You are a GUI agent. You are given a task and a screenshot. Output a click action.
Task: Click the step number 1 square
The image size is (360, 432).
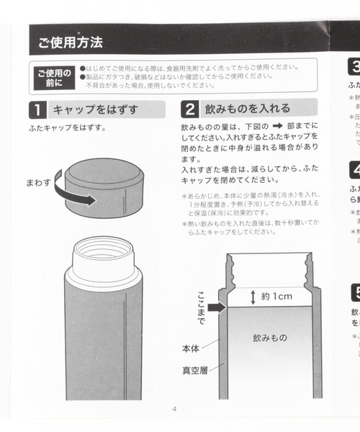click(35, 110)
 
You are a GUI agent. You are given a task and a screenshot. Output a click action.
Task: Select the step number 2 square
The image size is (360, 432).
click(189, 110)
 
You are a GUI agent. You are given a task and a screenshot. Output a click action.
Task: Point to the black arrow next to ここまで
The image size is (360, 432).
click(217, 307)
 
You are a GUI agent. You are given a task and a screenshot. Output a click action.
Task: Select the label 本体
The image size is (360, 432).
click(191, 348)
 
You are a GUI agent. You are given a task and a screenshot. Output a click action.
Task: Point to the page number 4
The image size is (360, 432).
click(174, 410)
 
